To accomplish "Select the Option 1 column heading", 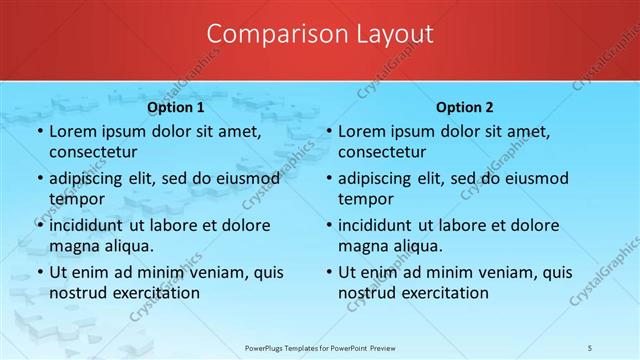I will [176, 107].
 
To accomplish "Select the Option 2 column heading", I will [465, 107].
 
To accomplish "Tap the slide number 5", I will [590, 346].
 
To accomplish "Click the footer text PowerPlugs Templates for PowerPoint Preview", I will [320, 346].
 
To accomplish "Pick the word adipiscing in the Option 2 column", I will [379, 178].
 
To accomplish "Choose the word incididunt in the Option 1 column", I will [92, 225].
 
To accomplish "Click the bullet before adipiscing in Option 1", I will [40, 179].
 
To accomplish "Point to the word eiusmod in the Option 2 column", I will [536, 178].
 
